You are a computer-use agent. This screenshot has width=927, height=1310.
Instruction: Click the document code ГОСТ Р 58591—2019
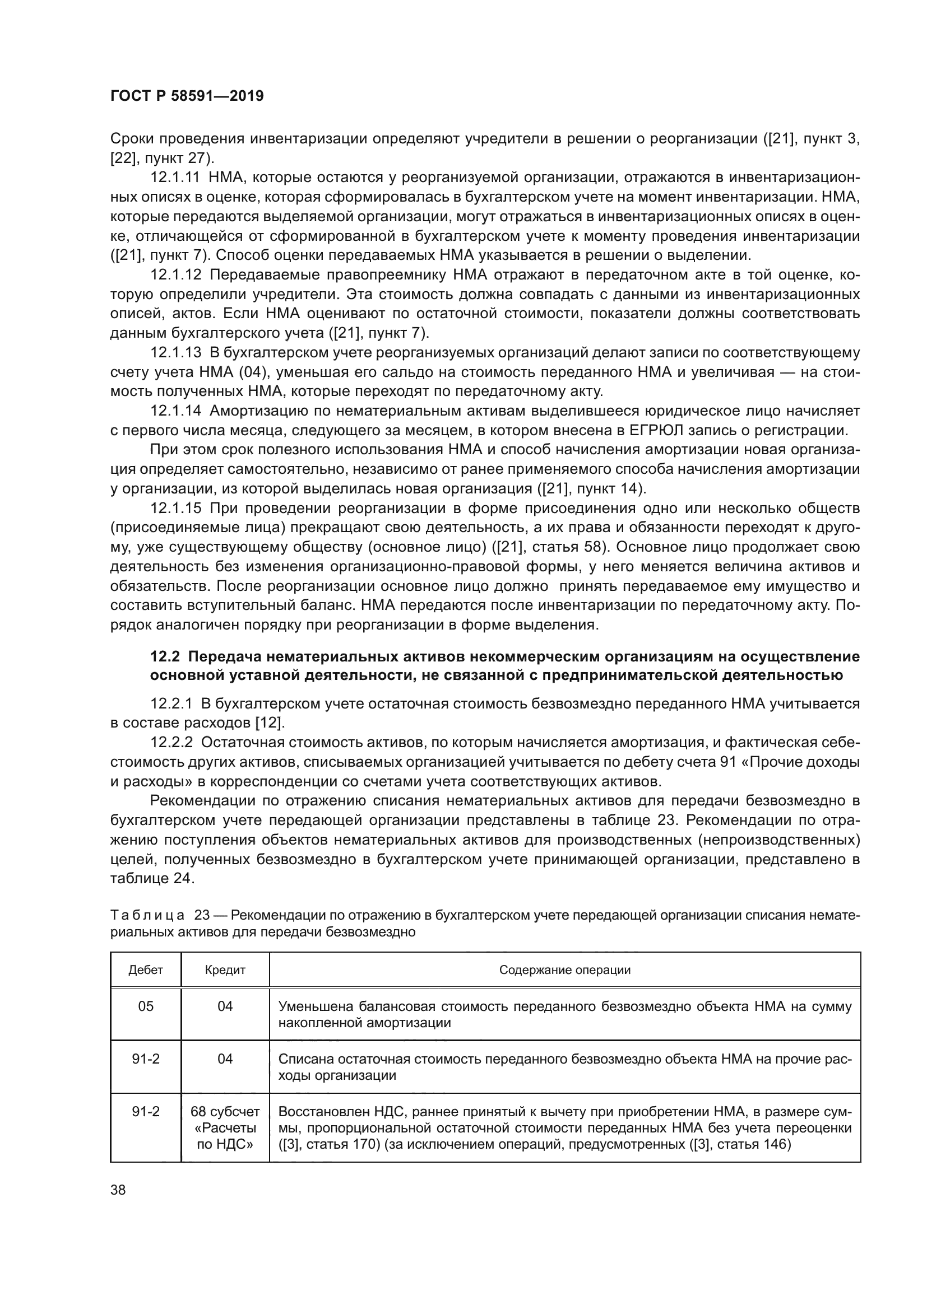tap(187, 96)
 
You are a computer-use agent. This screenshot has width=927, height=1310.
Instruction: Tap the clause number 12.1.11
tap(175, 178)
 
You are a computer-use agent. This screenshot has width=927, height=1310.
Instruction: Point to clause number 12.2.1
tap(173, 703)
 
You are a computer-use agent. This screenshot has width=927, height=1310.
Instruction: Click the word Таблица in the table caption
tap(147, 916)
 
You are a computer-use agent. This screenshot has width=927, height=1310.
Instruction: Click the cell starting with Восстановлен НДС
tap(564, 1127)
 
